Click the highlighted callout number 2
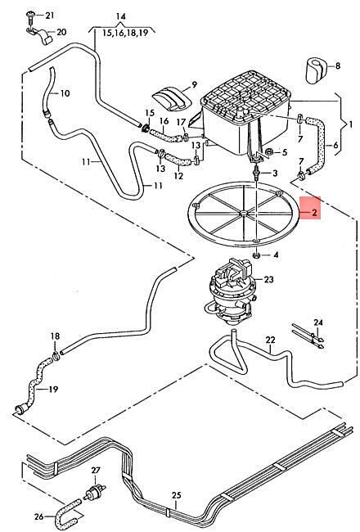[x=314, y=213]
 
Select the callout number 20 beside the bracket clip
[x=61, y=32]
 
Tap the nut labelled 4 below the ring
[x=257, y=255]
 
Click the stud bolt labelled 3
[x=258, y=173]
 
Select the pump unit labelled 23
[x=231, y=291]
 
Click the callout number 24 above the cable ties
[x=318, y=322]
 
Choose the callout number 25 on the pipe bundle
[x=177, y=495]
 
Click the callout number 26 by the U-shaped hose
[x=39, y=516]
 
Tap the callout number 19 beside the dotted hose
[x=53, y=389]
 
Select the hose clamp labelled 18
[x=56, y=356]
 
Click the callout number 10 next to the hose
[x=65, y=93]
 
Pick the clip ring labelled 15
[x=146, y=128]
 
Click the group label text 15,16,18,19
[x=125, y=33]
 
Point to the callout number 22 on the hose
[x=271, y=340]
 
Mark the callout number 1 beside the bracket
[x=351, y=124]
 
